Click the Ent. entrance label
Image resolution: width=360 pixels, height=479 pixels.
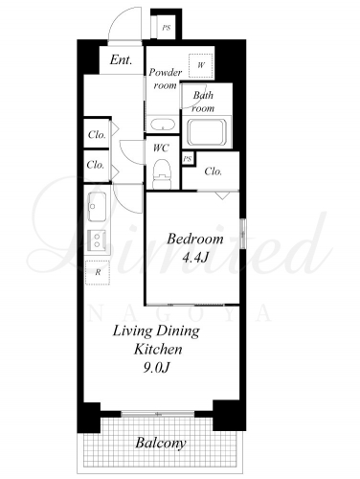click(x=121, y=59)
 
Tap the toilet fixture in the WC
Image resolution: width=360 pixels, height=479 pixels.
click(x=162, y=173)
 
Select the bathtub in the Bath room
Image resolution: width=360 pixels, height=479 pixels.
click(x=207, y=132)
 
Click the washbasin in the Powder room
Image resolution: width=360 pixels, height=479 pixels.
click(x=163, y=125)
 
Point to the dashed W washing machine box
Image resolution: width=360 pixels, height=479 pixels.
click(x=201, y=65)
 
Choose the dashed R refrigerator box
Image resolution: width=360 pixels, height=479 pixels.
click(x=98, y=272)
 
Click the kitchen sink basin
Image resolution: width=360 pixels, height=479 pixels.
click(x=97, y=207)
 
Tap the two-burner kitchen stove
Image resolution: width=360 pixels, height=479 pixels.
click(x=97, y=240)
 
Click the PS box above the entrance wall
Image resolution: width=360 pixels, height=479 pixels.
click(x=166, y=28)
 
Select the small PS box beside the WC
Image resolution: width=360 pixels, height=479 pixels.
click(x=188, y=158)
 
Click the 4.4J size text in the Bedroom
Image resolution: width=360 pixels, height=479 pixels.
click(x=195, y=258)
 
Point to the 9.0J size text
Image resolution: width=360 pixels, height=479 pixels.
click(x=156, y=368)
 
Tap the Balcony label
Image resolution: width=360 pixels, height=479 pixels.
click(x=161, y=444)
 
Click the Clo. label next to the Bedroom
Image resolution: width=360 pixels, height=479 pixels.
click(x=213, y=171)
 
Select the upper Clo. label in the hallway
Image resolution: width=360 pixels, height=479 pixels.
click(x=97, y=134)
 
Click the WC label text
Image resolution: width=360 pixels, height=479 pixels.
click(x=161, y=148)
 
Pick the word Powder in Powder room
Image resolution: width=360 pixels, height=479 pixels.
click(x=166, y=72)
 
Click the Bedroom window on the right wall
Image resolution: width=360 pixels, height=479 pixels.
click(x=243, y=233)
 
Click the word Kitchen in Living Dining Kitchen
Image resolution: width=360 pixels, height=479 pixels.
click(x=158, y=349)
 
